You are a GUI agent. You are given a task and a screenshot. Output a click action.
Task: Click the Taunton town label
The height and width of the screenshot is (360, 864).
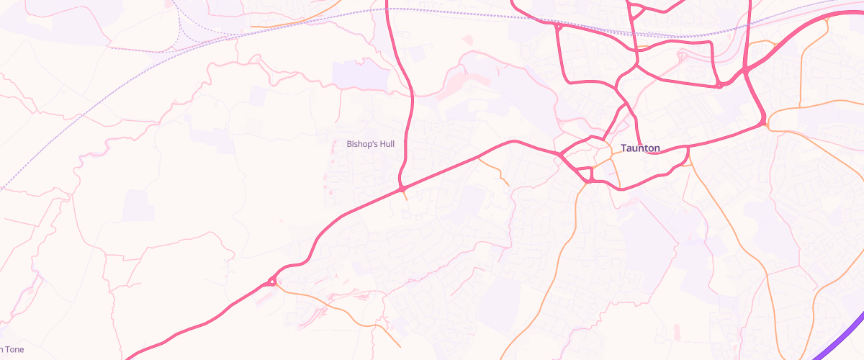[x=640, y=148]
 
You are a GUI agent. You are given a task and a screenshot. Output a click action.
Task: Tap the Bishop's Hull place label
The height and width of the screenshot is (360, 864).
[x=371, y=144]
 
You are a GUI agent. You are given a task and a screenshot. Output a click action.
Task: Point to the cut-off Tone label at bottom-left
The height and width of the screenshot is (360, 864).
[x=12, y=350]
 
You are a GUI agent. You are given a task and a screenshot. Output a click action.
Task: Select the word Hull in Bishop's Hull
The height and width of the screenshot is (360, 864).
[x=388, y=144]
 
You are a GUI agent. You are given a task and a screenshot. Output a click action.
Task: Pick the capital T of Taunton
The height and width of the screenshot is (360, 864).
[x=624, y=148]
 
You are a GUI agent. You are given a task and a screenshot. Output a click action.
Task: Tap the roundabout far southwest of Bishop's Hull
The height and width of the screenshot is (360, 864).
[x=271, y=282]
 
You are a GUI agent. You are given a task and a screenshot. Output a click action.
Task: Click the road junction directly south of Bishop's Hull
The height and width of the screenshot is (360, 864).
[x=402, y=189]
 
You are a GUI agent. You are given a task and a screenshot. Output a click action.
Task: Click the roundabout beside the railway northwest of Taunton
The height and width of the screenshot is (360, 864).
[x=558, y=27]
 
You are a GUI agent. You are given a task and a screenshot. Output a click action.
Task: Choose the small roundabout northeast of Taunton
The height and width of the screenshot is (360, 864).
[x=719, y=85]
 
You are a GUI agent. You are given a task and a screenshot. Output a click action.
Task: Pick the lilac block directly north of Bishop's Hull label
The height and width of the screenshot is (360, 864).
[x=361, y=74]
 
